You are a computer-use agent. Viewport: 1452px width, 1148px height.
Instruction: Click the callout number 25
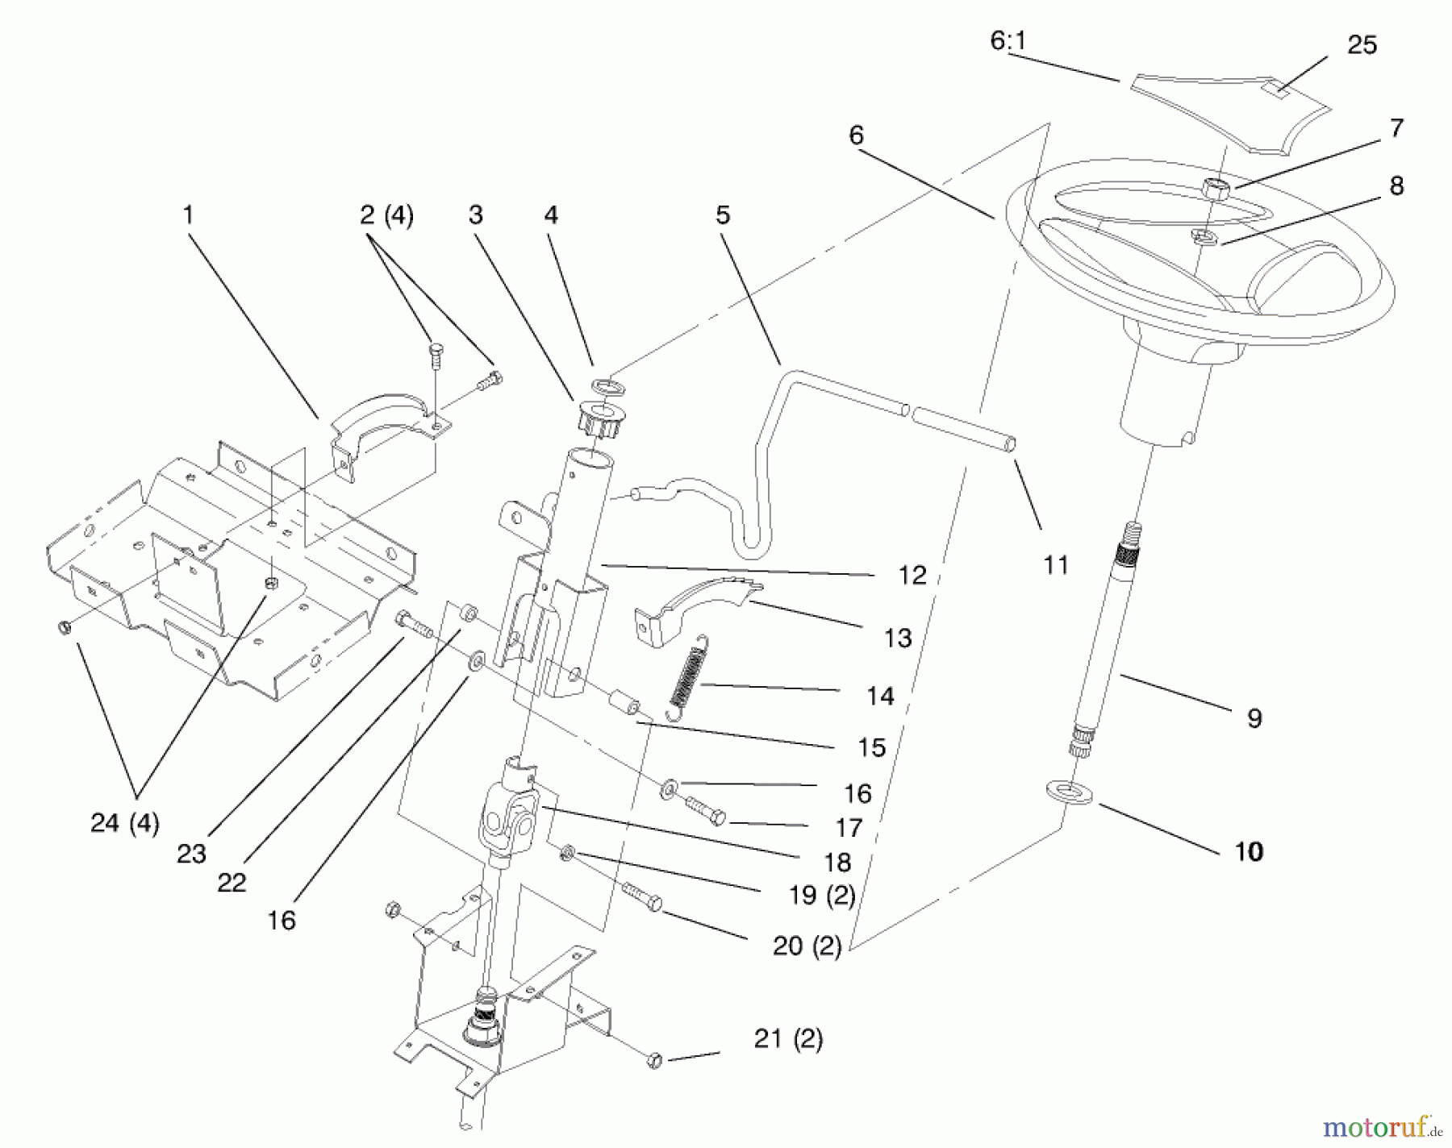point(1362,45)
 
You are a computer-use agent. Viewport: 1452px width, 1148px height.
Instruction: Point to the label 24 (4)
point(124,823)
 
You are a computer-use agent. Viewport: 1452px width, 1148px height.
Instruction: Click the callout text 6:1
point(1008,40)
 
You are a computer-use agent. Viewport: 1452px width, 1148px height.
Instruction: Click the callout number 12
point(912,576)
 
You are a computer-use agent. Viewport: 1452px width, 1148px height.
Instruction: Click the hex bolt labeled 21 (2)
point(655,1060)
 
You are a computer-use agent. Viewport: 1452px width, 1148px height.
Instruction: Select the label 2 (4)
point(386,215)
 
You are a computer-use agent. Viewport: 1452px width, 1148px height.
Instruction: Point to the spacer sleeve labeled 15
point(627,703)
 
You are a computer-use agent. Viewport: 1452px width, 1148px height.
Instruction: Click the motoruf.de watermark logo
point(1380,1125)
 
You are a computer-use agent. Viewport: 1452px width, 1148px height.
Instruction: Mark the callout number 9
point(1254,717)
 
